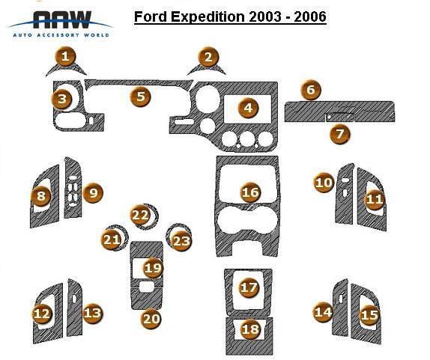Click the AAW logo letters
(x=62, y=19)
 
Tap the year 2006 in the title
(x=310, y=16)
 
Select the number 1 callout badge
(x=65, y=56)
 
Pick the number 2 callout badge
(x=208, y=57)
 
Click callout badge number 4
(x=248, y=108)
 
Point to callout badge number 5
(x=140, y=97)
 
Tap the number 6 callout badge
(x=311, y=89)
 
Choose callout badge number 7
(x=340, y=134)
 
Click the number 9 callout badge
(x=93, y=193)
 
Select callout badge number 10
(x=324, y=183)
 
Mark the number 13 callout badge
(x=93, y=313)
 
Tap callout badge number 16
(x=250, y=192)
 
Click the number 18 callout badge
(x=250, y=329)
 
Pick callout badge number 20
(x=151, y=319)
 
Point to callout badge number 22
(x=140, y=215)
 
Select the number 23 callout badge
(x=181, y=241)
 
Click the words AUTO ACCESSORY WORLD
(x=61, y=35)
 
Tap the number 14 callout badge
(x=324, y=312)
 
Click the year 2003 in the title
(x=265, y=16)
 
